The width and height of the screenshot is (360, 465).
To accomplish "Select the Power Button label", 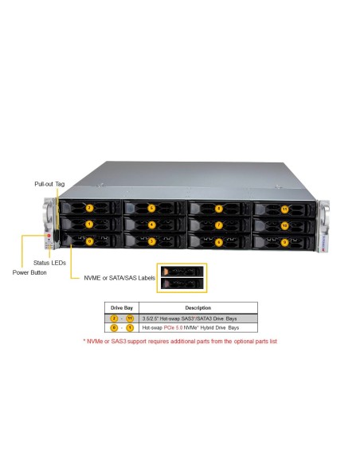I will point(29,272).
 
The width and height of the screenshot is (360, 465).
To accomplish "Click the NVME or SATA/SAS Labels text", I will point(119,278).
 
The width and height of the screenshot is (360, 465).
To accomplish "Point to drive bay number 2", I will point(90,208).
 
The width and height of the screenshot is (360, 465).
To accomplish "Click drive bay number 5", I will point(151,209).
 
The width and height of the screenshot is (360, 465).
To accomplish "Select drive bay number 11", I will point(284,209).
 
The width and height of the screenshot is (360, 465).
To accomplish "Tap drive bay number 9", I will point(284,240).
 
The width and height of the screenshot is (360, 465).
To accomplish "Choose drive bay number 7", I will point(218,225).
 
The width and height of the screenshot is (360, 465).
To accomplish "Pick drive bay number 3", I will point(151,240).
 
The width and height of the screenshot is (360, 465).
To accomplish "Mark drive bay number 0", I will point(89,240).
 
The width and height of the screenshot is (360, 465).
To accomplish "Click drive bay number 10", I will point(284,225).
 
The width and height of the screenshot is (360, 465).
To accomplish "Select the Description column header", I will point(198,307).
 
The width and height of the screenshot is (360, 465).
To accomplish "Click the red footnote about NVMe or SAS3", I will point(180,341).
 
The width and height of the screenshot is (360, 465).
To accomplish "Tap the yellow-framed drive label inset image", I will point(182,277).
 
